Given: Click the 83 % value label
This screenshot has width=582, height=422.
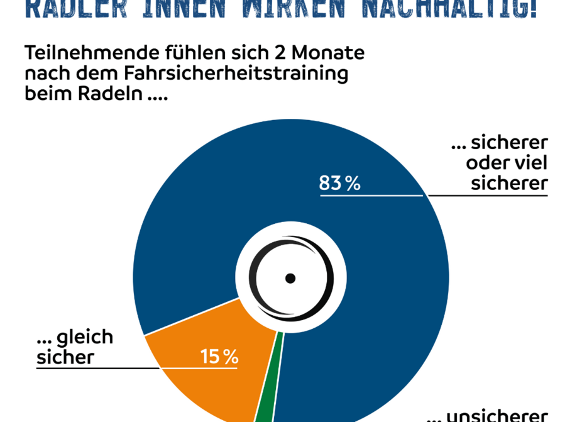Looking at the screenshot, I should click(x=339, y=184).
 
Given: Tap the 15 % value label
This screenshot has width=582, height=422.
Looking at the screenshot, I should click(x=219, y=357).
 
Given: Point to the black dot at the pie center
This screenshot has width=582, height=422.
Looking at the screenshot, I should click(x=290, y=277).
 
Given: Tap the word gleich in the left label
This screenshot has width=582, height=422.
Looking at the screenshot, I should click(x=85, y=338).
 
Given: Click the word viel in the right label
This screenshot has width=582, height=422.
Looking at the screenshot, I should click(x=528, y=163).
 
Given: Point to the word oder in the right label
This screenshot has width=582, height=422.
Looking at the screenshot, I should click(x=485, y=163).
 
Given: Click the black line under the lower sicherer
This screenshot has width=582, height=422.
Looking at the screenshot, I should click(x=488, y=196).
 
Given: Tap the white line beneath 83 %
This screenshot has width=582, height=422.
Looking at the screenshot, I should click(x=371, y=196).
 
